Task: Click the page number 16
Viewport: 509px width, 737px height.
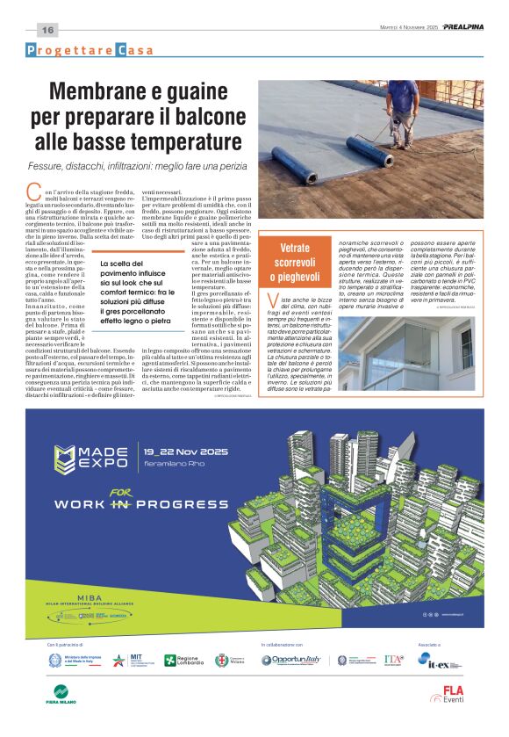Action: (x=47, y=30)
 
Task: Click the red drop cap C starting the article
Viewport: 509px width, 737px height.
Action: (x=34, y=190)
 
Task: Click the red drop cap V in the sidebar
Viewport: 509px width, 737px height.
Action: (x=274, y=304)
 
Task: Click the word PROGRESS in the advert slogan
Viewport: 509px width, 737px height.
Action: (x=180, y=505)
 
